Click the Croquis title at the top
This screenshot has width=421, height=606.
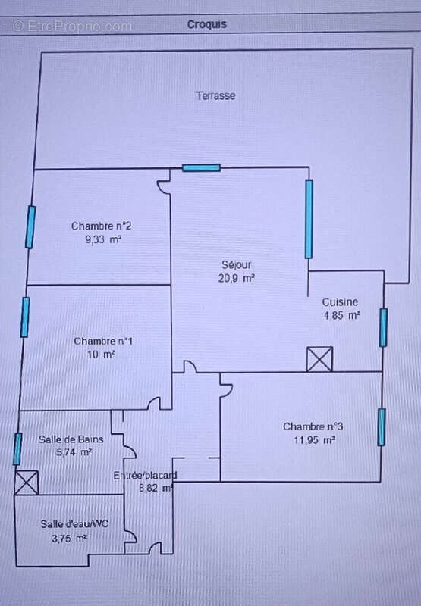(x=206, y=24)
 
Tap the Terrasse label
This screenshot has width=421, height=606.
(x=215, y=95)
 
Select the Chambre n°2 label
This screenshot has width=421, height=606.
(x=102, y=226)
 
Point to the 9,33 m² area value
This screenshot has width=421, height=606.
(x=103, y=239)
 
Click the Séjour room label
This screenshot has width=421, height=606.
(x=237, y=264)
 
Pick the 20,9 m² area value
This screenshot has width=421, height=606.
(x=236, y=278)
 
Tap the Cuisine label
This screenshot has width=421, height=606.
(x=340, y=301)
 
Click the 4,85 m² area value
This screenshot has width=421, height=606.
(x=341, y=315)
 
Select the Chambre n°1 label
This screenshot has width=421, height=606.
(x=103, y=341)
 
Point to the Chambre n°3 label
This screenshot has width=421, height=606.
(x=313, y=426)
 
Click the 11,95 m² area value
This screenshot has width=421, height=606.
(x=314, y=440)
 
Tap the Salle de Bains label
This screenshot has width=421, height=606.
(x=71, y=439)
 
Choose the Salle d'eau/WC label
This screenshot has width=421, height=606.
(x=74, y=524)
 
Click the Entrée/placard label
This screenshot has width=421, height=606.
(x=145, y=475)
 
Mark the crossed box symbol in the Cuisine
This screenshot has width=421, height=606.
(x=319, y=359)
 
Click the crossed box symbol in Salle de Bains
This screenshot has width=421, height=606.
(x=27, y=483)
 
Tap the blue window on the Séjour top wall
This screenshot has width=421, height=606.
(x=201, y=167)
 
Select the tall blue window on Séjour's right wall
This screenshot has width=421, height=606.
(x=309, y=219)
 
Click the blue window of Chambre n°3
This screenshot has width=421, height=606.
(x=382, y=427)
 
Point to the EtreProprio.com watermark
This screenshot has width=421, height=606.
(x=72, y=27)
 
